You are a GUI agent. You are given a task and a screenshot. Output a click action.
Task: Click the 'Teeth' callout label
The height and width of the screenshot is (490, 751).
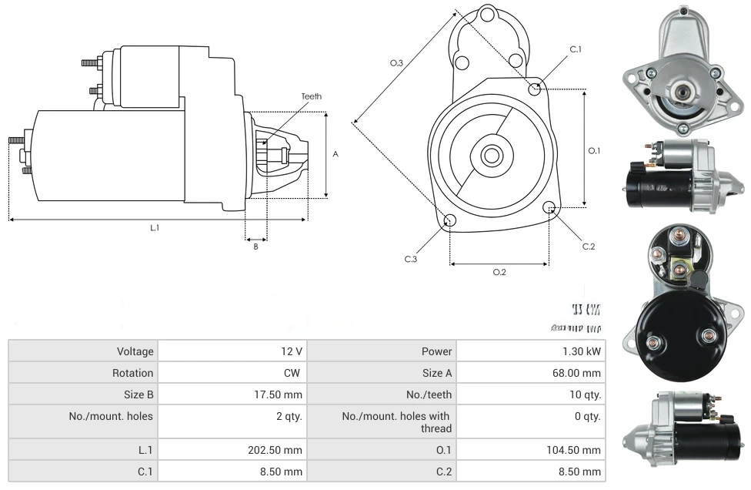[x=311, y=96]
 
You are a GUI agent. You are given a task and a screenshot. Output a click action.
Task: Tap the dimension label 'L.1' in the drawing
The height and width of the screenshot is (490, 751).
[x=154, y=227]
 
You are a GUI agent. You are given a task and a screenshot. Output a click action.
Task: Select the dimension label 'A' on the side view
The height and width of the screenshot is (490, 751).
[x=335, y=153]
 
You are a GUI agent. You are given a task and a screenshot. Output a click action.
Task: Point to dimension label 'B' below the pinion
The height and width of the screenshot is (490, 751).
[x=255, y=247]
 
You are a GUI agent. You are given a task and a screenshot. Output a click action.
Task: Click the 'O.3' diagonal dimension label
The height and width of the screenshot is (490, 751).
[x=397, y=63]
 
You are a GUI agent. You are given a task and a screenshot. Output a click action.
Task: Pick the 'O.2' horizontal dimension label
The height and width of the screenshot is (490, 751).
[x=499, y=272]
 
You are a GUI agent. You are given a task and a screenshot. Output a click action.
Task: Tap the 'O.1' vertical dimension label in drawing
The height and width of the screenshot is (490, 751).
[x=594, y=150]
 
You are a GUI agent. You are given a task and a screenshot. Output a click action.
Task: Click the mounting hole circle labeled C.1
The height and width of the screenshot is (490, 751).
[x=535, y=89]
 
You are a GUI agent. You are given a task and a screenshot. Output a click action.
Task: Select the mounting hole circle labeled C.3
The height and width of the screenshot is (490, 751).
[x=450, y=222]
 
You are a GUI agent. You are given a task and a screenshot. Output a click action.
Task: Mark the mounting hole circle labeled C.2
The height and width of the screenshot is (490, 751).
[x=549, y=208]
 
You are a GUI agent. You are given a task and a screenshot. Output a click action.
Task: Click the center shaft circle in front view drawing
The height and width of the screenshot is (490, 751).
[x=492, y=155]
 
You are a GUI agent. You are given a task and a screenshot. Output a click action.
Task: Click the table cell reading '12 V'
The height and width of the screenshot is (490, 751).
[x=292, y=351]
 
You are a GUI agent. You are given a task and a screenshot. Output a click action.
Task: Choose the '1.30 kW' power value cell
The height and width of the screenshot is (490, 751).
[x=582, y=351]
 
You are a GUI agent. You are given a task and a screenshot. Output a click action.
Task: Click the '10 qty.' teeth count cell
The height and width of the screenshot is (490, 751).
[x=582, y=394]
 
